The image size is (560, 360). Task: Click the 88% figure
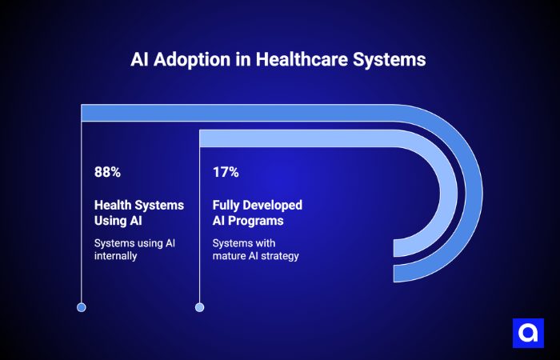(x=107, y=171)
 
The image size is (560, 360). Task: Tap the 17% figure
(x=226, y=171)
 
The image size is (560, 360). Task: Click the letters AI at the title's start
(x=141, y=60)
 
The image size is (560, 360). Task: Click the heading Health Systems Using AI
(x=139, y=213)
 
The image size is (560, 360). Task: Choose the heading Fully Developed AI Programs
(x=257, y=213)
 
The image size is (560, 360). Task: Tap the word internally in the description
(x=117, y=257)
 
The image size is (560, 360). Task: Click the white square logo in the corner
(x=527, y=333)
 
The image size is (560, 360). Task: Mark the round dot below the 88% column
(x=81, y=307)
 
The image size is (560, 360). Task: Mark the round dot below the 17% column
(x=200, y=307)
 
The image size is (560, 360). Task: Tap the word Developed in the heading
(x=273, y=206)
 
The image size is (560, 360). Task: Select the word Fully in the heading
(x=226, y=206)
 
